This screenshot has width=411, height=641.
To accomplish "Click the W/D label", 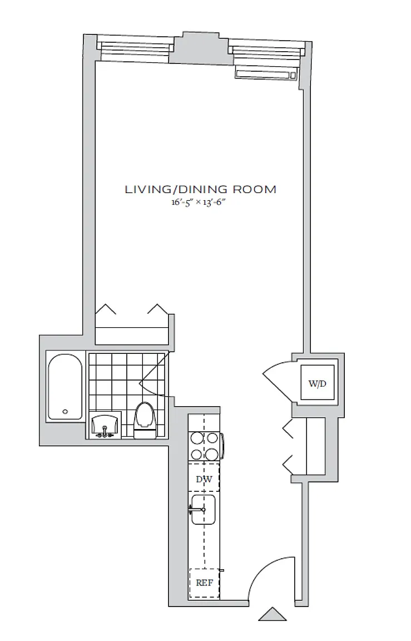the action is pos(318,383).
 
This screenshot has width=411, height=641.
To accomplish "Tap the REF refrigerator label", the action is pos(204,583).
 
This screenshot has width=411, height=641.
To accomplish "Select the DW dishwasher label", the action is pos(204,479).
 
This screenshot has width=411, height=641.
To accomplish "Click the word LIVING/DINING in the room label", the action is pos(176,189).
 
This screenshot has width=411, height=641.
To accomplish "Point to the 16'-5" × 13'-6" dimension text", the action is pos(199,202).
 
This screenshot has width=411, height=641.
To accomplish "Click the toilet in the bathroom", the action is pos(145,421).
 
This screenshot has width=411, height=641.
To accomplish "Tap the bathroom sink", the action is pos(105,425).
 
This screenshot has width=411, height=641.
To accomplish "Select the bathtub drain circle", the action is pos(65,412).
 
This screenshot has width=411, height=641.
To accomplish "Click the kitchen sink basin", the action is pos(204,509).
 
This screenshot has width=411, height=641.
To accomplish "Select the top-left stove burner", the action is pos(197,438).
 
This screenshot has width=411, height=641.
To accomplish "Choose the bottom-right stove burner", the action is pos(212,454).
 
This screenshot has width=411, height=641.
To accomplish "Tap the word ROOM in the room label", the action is pos(255,189).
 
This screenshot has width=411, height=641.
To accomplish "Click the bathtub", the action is pos(65,386).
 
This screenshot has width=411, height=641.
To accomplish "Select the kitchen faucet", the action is pos(197,509).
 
